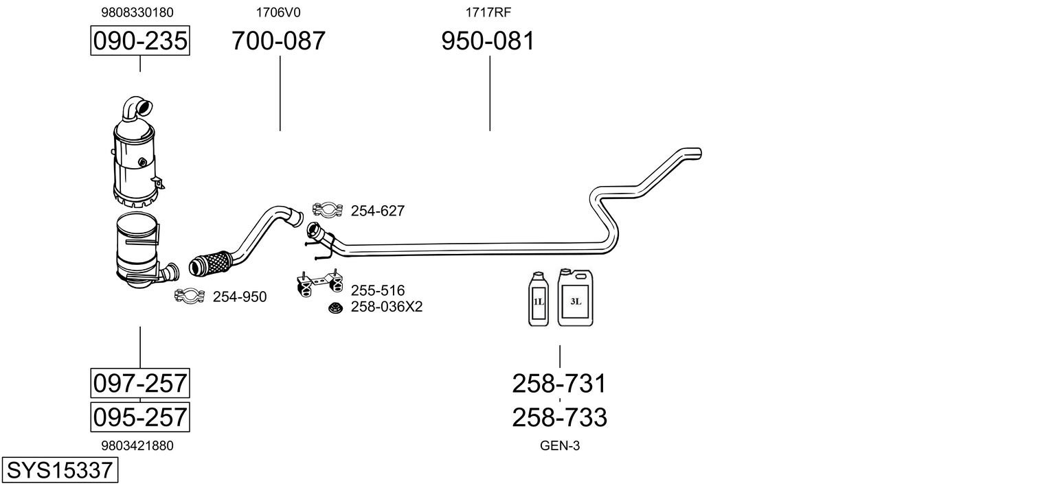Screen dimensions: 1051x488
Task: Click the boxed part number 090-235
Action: coord(140,41)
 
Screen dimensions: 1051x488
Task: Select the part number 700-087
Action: coord(278,41)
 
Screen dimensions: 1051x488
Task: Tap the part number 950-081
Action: coord(488,41)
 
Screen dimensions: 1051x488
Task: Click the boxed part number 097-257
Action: coord(140,382)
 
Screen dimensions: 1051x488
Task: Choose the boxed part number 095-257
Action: coord(140,417)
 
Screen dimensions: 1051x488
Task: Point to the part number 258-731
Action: coord(559,384)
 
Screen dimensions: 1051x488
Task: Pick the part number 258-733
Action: coord(559,417)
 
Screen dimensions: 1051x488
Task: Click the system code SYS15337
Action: coord(59,471)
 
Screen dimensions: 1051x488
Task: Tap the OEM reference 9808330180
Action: coord(137,12)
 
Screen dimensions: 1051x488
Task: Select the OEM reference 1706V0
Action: coord(278,12)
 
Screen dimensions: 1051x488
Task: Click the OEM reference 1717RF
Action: coord(488,12)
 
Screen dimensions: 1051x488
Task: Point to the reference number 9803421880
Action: coord(137,445)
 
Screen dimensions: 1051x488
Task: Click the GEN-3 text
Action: coord(560,445)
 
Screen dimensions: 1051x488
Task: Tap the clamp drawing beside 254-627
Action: coord(328,209)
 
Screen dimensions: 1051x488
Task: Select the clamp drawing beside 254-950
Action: coord(190,296)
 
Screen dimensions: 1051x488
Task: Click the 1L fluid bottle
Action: coord(539,299)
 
